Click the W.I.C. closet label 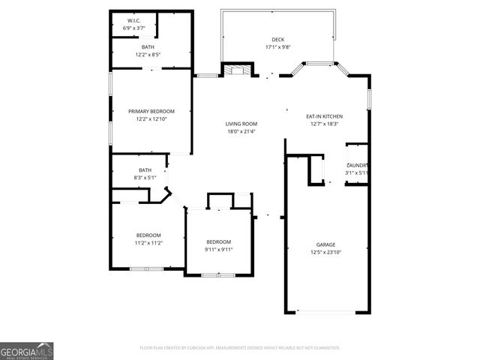[x=134, y=20]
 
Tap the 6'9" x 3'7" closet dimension [x=134, y=28]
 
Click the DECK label [x=277, y=40]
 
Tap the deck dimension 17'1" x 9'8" [x=277, y=47]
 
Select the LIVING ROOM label [x=241, y=124]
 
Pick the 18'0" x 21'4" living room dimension [x=241, y=131]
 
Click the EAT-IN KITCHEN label [x=324, y=116]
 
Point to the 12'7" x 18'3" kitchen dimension [x=324, y=124]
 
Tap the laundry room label [x=357, y=165]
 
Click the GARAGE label [x=325, y=244]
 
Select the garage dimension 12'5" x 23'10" [x=325, y=252]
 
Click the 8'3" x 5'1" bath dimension [x=145, y=178]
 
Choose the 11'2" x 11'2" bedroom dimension [x=148, y=243]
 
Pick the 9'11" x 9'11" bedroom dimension [x=219, y=249]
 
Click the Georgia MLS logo [x=27, y=350]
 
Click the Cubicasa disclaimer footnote [x=240, y=348]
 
